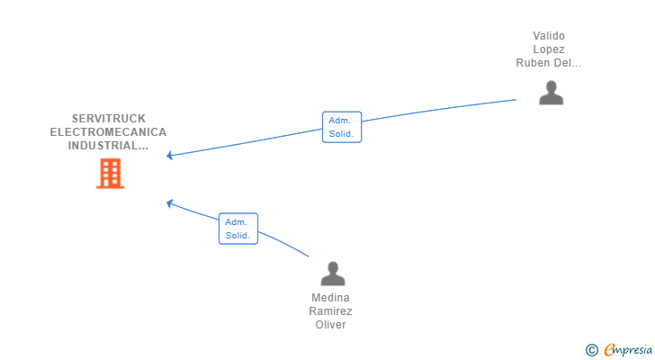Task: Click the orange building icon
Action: pos(111,174)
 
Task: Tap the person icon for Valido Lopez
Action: pos(551,93)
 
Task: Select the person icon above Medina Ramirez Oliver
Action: pos(333,274)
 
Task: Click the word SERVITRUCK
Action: pos(109,119)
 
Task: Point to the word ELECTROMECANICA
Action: pos(108,132)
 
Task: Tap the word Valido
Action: pos(549,36)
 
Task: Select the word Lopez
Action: pos(549,49)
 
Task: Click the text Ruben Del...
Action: pos(543,63)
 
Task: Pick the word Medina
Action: pos(330,298)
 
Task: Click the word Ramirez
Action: pos(330,311)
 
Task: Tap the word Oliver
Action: pos(330,325)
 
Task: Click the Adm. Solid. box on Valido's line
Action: pos(342,127)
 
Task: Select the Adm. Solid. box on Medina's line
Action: pos(238,229)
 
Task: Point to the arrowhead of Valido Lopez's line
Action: pos(169,156)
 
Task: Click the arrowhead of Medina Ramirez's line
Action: pos(169,203)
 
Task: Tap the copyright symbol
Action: pos(591,350)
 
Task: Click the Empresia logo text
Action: pos(628,350)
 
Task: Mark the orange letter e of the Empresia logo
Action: pos(609,349)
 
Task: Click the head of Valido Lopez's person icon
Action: pos(552,86)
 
